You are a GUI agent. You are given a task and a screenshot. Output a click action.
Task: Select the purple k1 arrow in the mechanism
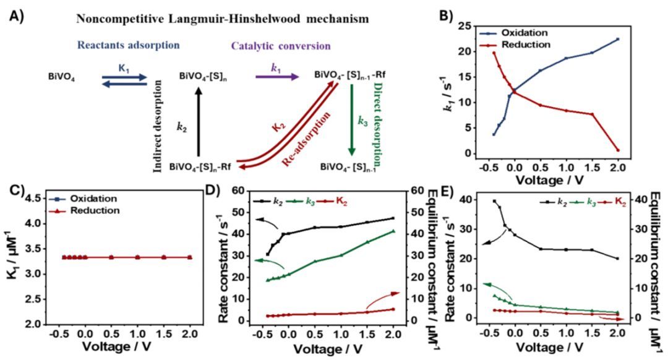click(x=277, y=77)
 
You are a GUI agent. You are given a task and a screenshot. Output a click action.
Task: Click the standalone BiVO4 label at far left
click(x=62, y=77)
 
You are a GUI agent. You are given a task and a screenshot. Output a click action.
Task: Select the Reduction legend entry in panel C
click(x=93, y=211)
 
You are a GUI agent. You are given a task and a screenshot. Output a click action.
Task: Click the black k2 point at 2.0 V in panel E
click(x=617, y=259)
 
